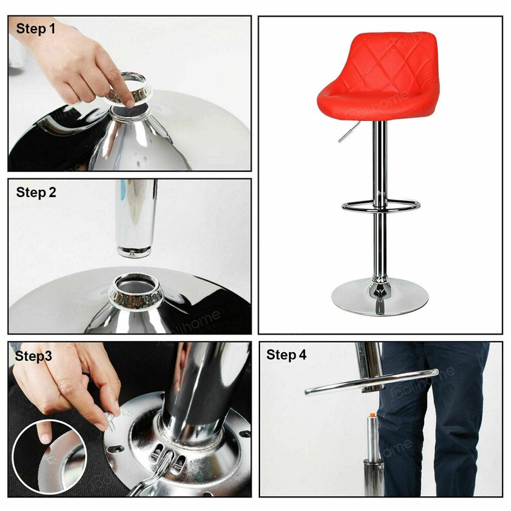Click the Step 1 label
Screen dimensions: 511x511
(35, 29)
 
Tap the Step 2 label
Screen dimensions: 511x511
(37, 192)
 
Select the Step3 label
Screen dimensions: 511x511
(34, 355)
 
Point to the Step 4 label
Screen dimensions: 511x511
(287, 355)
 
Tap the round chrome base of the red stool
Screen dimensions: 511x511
(380, 298)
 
